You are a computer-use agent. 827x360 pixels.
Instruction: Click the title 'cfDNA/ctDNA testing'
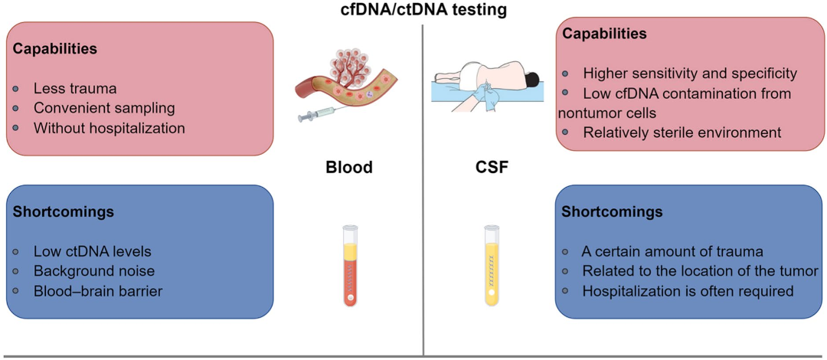click(x=413, y=11)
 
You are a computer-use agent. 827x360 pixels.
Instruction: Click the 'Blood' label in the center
click(x=348, y=167)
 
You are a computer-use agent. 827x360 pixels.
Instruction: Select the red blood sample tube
click(x=350, y=266)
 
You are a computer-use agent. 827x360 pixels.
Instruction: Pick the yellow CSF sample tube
click(x=492, y=266)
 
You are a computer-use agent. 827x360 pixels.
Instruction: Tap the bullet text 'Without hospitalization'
click(x=109, y=128)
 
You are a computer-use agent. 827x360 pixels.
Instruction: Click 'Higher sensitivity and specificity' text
click(x=690, y=74)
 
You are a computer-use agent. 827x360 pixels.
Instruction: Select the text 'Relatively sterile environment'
click(x=682, y=133)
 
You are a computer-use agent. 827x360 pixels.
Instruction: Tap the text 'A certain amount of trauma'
click(x=672, y=250)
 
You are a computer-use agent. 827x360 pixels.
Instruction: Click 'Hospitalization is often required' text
click(x=688, y=290)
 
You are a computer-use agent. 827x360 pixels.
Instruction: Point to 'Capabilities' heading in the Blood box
click(x=55, y=48)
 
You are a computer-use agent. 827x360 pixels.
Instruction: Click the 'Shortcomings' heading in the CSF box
click(x=612, y=211)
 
